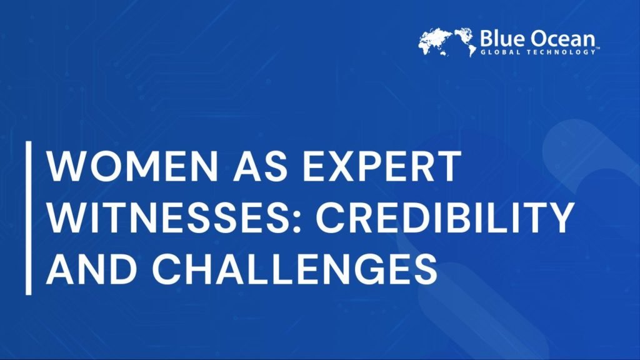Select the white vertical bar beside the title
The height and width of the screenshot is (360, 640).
(29, 217)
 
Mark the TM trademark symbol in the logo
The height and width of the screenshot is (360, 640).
(598, 48)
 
